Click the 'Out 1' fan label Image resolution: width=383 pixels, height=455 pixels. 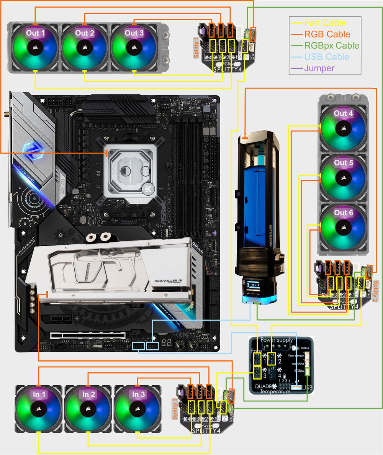tap(35, 33)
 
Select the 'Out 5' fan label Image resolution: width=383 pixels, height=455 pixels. tap(343, 162)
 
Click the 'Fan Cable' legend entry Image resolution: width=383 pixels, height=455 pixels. tap(325, 23)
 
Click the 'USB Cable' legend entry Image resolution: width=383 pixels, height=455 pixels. tap(327, 57)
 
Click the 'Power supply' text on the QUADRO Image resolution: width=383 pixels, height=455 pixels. tap(277, 340)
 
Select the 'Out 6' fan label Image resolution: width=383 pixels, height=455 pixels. tap(343, 213)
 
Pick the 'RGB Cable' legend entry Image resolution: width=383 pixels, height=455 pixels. tap(327, 34)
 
